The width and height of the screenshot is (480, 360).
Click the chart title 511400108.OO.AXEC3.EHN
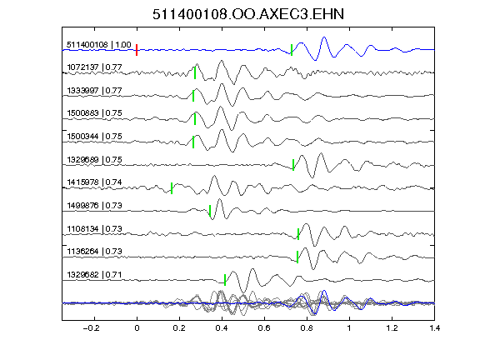[x=248, y=14]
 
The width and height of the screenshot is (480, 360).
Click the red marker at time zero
[x=137, y=50]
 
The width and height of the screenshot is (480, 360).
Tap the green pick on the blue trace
[x=292, y=50]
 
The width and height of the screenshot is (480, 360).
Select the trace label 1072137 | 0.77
[x=94, y=67]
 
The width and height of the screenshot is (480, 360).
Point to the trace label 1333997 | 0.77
[x=94, y=90]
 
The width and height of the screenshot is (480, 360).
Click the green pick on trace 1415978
[x=172, y=188]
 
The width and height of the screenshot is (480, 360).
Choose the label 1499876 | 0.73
[x=94, y=205]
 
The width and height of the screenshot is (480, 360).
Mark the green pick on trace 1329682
[x=225, y=280]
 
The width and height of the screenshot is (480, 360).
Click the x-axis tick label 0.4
[x=222, y=328]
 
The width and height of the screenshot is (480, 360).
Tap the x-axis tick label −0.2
[x=91, y=328]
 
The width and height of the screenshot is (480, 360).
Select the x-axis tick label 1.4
[x=434, y=328]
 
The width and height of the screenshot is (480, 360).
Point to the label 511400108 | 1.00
[x=99, y=45]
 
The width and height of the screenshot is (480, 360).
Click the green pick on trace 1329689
[x=293, y=165]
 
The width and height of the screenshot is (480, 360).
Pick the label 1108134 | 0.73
[x=94, y=228]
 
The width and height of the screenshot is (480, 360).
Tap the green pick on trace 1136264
[x=297, y=257]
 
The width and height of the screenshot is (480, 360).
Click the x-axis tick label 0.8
[x=307, y=328]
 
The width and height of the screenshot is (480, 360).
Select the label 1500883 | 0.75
[x=94, y=113]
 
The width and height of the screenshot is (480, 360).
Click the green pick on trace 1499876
[x=210, y=211]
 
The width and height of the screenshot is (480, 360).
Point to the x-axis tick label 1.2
[x=392, y=328]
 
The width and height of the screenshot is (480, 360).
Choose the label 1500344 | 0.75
[x=94, y=136]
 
